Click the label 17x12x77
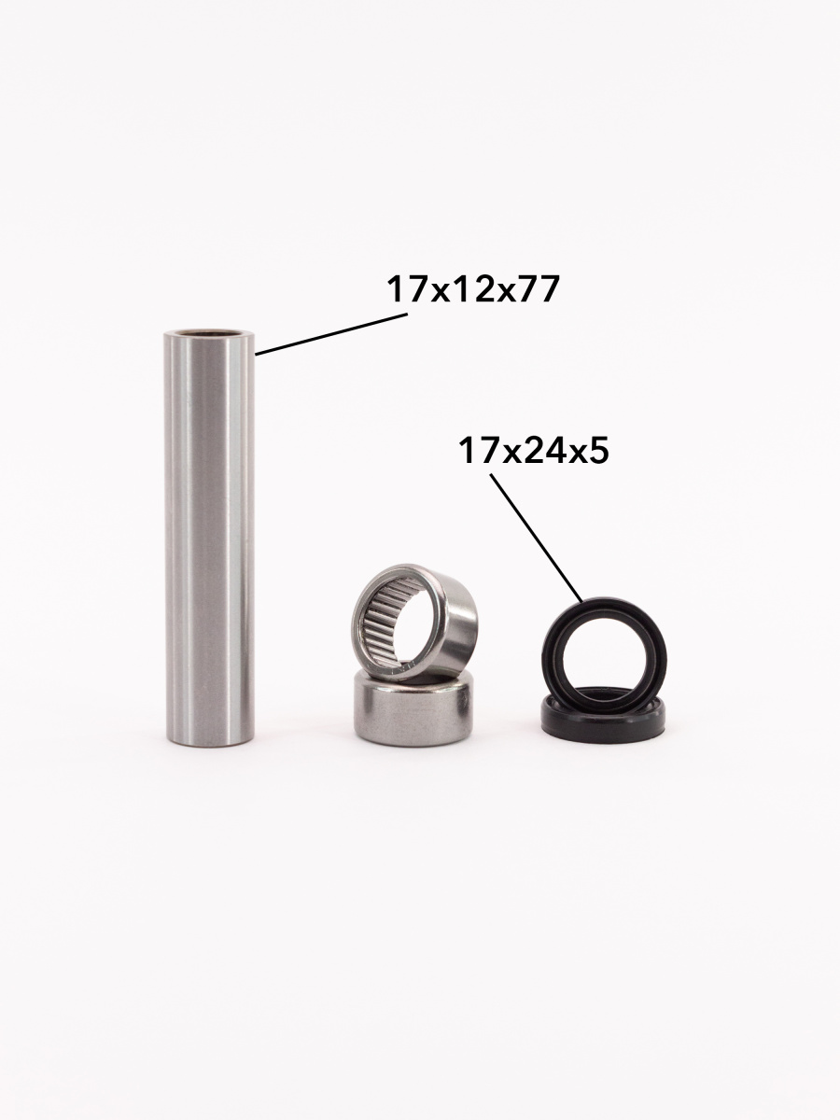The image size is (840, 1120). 473,289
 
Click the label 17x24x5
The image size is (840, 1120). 534,451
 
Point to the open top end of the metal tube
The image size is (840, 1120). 209,334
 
